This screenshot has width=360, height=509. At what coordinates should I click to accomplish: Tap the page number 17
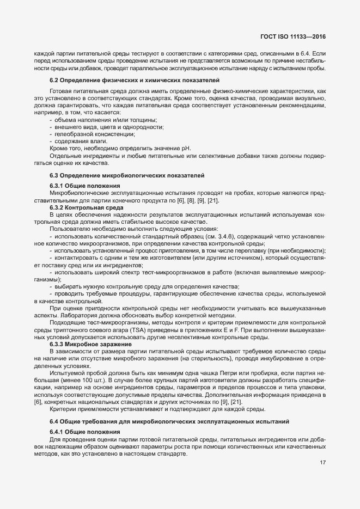(322, 463)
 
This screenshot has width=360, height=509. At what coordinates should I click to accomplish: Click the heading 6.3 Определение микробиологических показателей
(127, 175)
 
